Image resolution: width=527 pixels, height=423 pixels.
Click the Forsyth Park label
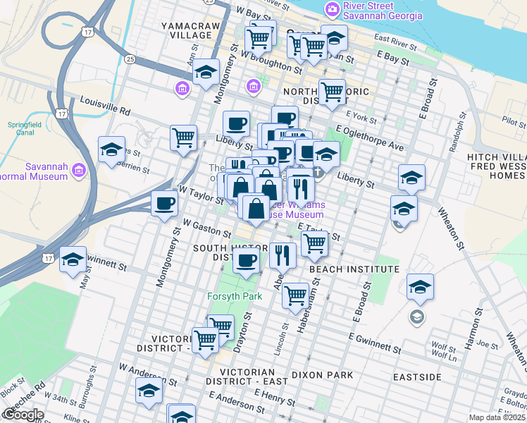click(x=235, y=296)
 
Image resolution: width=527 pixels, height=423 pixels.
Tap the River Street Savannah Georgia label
click(x=383, y=11)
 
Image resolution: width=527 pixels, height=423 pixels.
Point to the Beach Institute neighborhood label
click(x=354, y=269)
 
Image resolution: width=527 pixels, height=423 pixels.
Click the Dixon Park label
click(x=322, y=375)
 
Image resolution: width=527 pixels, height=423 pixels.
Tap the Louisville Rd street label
click(x=106, y=105)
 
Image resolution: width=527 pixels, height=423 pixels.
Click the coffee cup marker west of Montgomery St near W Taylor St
click(x=165, y=204)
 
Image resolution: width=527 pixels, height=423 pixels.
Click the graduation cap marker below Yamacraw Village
click(x=206, y=73)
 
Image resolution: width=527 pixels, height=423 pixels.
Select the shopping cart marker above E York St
click(x=332, y=92)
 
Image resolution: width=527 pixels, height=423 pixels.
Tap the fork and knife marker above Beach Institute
click(x=283, y=255)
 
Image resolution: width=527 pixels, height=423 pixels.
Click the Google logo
click(x=23, y=415)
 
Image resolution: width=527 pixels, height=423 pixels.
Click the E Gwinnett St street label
click(x=372, y=348)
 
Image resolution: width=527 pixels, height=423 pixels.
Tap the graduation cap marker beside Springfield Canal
click(x=111, y=149)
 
